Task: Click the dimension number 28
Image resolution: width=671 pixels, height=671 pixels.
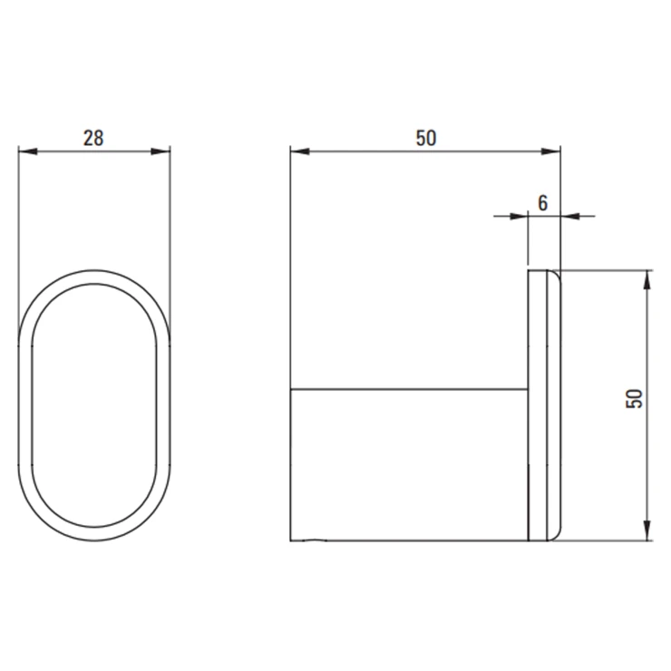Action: (x=93, y=138)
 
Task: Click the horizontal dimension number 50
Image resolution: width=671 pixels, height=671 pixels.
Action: (x=426, y=138)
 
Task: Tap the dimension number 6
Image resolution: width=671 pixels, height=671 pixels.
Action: (x=542, y=203)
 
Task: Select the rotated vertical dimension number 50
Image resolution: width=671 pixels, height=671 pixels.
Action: (x=634, y=398)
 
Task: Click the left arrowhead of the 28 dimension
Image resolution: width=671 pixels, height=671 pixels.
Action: (x=28, y=151)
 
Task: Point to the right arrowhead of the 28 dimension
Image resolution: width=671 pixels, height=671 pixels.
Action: (x=160, y=151)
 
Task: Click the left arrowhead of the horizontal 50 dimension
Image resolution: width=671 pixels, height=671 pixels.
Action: (x=299, y=151)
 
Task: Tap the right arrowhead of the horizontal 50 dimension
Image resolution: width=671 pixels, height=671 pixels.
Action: (x=550, y=151)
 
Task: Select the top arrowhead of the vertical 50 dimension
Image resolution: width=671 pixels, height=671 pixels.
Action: (x=647, y=280)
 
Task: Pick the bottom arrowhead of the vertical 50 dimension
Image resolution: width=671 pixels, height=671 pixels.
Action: (x=647, y=530)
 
